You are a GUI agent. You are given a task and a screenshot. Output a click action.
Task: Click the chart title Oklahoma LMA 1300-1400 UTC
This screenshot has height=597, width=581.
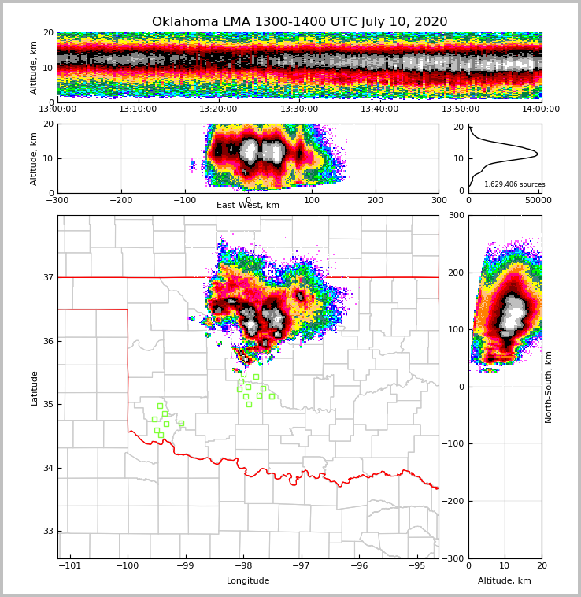point(299,22)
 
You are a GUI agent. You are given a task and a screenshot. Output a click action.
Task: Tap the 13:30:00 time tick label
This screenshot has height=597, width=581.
point(299,109)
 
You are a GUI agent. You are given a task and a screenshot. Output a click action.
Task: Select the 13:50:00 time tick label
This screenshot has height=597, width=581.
point(461,109)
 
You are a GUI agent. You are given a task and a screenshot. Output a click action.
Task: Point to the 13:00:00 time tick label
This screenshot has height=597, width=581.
point(57,109)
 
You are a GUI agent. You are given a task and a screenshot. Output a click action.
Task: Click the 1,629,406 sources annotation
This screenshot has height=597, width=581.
point(514,184)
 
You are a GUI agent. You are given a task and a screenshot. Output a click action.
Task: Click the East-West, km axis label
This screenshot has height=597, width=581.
point(248,206)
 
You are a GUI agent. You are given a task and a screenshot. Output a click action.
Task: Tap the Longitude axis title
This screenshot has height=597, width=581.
point(248,581)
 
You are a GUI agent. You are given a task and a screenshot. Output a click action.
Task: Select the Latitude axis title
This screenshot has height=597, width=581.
point(34,387)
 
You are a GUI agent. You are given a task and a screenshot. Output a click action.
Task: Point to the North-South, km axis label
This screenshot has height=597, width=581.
point(549,387)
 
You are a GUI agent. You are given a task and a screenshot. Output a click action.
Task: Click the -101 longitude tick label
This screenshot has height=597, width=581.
point(70,565)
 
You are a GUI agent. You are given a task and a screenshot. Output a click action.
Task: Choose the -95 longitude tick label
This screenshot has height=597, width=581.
point(416,565)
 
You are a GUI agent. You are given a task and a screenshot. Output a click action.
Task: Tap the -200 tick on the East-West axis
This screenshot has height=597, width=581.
point(120,200)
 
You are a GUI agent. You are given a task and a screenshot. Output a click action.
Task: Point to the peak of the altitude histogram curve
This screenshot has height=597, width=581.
point(538,153)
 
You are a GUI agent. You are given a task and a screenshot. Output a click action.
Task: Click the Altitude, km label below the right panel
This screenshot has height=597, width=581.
point(505,581)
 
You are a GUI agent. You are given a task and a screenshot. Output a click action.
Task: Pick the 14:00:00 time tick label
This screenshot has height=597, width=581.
point(541,109)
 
